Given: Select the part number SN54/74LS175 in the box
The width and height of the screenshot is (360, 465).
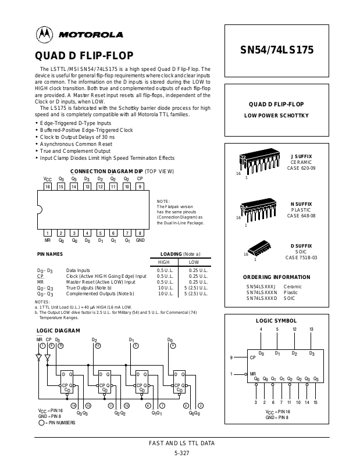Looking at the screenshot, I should click(277, 50).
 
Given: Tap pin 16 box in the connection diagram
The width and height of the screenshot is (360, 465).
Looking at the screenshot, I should click(48, 187).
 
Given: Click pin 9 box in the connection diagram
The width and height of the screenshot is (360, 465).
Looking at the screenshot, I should click(140, 187).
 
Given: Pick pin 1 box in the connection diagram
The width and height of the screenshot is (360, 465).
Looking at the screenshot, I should click(48, 233).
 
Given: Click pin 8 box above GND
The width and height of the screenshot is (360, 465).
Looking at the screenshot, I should click(140, 233).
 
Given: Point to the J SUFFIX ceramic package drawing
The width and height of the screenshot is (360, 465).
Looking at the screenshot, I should click(258, 163).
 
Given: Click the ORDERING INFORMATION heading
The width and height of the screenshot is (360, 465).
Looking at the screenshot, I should click(276, 277).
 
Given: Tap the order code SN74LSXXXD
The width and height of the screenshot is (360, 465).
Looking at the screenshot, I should click(261, 298).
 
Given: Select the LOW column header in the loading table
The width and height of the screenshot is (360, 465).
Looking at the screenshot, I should click(194, 262).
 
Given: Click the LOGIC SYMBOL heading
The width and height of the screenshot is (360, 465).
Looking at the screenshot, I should click(276, 321).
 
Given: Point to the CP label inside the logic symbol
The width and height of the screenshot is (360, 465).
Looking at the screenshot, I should click(253, 357).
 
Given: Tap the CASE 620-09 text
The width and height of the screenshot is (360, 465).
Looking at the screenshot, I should click(301, 168).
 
